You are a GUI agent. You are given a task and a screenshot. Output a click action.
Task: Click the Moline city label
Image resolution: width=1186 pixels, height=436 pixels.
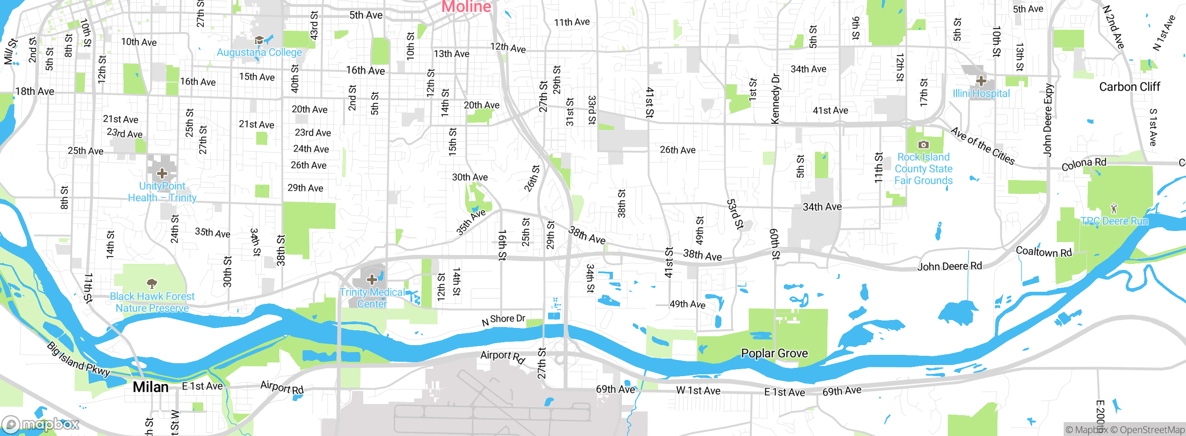click(x=466, y=6)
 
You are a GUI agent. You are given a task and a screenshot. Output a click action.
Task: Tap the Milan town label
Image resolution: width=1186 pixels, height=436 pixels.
click(x=151, y=387)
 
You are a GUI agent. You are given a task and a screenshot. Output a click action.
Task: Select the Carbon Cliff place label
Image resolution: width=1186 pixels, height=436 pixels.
click(x=1129, y=87)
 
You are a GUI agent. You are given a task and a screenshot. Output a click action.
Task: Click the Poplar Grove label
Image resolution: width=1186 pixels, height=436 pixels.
click(x=774, y=353)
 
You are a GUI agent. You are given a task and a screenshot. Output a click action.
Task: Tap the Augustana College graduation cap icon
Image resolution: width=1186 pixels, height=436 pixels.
click(x=259, y=40)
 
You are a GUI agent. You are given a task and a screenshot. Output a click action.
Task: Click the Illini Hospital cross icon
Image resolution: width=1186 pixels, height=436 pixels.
click(x=981, y=81)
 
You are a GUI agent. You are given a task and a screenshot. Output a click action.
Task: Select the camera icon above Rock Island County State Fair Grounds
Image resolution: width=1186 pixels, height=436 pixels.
click(x=923, y=145)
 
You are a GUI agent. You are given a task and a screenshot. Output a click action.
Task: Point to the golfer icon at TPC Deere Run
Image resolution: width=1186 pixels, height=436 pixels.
click(x=1114, y=208)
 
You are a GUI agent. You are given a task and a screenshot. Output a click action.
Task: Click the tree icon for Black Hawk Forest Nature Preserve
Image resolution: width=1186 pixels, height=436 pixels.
click(x=151, y=283)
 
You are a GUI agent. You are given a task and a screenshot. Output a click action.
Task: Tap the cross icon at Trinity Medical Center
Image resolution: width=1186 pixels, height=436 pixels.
click(x=372, y=279)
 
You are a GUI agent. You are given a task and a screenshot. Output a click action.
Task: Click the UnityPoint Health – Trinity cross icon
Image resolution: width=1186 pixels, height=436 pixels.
click(x=162, y=173)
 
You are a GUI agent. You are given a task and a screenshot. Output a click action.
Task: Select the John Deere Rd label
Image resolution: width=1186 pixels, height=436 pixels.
click(x=949, y=266)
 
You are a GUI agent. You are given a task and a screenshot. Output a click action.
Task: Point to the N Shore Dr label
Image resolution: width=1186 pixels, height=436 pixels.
click(x=504, y=320)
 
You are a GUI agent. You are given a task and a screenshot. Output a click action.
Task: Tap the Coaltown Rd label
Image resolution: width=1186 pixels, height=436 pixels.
click(x=1044, y=252)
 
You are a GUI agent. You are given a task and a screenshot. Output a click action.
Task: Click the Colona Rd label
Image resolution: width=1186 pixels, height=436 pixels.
click(x=1084, y=164)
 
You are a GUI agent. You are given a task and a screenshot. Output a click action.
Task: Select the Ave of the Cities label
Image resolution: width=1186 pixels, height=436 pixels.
click(x=983, y=146)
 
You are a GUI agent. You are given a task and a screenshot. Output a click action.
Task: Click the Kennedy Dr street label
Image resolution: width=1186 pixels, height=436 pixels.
click(x=775, y=99)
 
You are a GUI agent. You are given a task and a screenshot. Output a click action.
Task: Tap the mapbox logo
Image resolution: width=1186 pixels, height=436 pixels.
click(x=40, y=424)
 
